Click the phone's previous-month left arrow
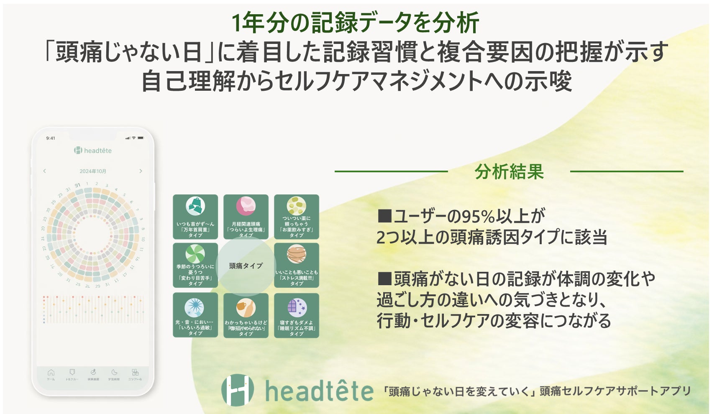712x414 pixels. pos(45,171)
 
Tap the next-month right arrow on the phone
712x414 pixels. pos(141,171)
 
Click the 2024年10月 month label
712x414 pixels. pos(93,171)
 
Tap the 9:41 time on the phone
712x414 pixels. pos(51,138)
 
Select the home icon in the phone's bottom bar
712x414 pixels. pos(51,372)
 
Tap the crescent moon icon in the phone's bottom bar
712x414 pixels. pos(114,372)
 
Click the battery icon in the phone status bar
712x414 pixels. pos(141,138)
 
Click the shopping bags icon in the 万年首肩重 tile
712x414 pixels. pos(195,206)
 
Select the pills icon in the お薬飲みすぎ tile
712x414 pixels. pos(297,206)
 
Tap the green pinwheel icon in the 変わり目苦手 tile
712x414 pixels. pos(195,254)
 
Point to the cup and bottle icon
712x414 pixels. pos(246,308)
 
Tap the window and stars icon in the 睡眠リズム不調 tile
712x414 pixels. pos(297,308)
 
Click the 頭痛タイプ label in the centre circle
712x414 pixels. pos(246,266)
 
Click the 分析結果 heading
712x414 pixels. pos(509,172)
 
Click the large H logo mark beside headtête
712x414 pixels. pos(237,390)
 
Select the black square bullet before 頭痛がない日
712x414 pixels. pos(384,278)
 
